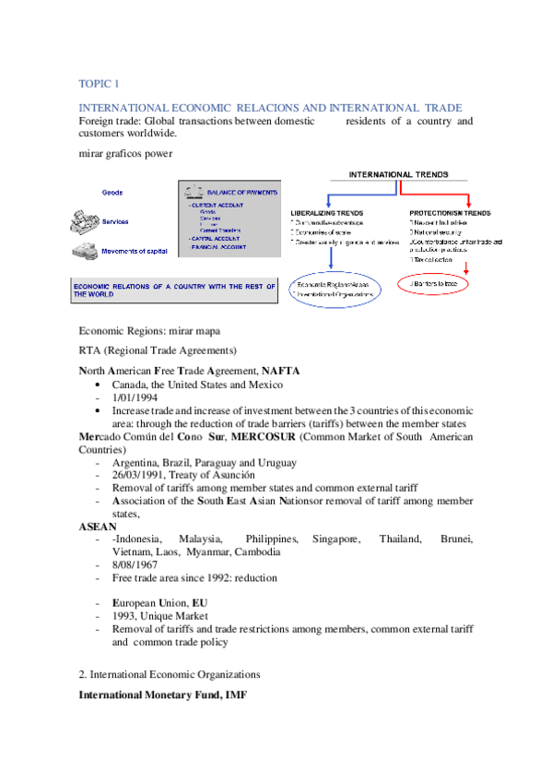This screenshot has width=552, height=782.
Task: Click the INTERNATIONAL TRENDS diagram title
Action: coord(398,173)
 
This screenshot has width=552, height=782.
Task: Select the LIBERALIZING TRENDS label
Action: coord(324,213)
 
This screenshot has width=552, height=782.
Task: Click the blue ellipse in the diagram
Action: coord(333,289)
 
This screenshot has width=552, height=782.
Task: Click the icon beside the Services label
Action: coord(83,222)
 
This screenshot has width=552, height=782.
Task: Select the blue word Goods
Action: coord(112,193)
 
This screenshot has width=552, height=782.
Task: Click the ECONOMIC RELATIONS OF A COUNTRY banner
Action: coord(173,290)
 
